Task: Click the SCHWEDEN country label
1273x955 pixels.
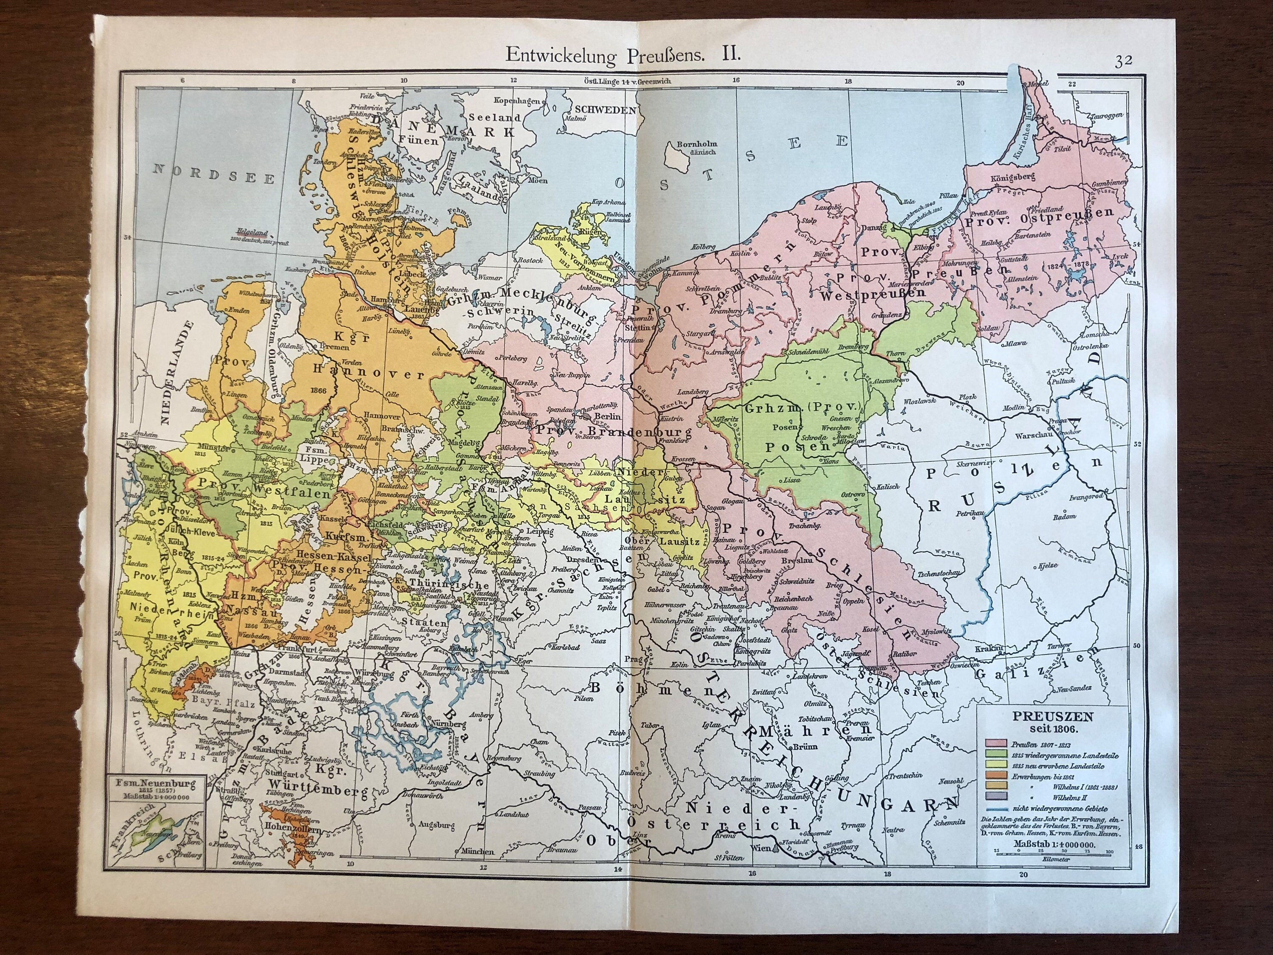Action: pos(604,110)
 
